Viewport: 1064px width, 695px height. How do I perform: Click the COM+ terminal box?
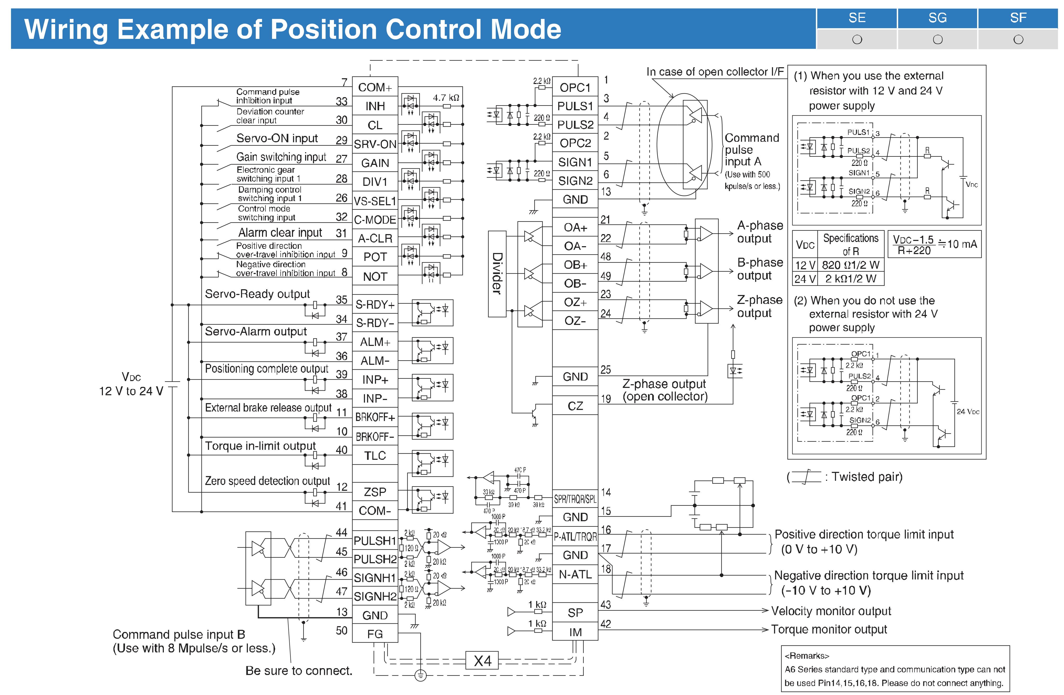coord(375,87)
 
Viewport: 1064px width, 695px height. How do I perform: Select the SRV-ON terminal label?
coord(375,144)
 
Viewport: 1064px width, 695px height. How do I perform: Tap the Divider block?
coord(497,273)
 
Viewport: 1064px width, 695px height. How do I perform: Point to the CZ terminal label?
coord(575,406)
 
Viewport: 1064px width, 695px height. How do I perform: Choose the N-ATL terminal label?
coord(575,574)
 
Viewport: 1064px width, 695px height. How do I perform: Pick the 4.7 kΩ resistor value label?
coord(446,97)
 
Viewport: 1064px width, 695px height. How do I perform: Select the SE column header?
coord(857,18)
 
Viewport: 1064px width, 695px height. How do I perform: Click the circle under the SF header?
coord(1018,40)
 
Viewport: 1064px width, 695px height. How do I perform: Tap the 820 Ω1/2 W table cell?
coord(850,265)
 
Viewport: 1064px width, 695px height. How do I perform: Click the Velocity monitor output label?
coord(831,611)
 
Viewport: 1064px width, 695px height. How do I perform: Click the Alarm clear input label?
coord(280,233)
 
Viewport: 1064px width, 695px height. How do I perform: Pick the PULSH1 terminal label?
coord(375,541)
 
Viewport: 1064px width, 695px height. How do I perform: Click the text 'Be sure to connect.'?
coord(299,670)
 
